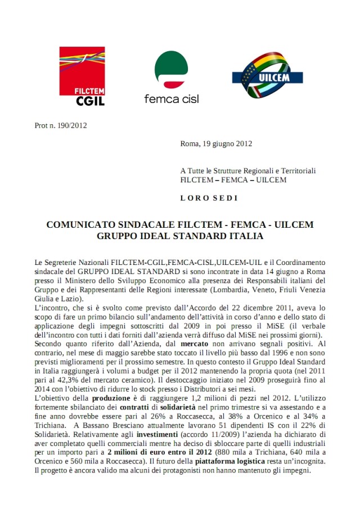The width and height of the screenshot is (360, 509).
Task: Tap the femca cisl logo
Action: pyautogui.click(x=171, y=78)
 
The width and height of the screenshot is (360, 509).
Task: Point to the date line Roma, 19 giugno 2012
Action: pyautogui.click(x=216, y=143)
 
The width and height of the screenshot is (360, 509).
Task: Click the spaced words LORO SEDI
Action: pyautogui.click(x=209, y=198)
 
